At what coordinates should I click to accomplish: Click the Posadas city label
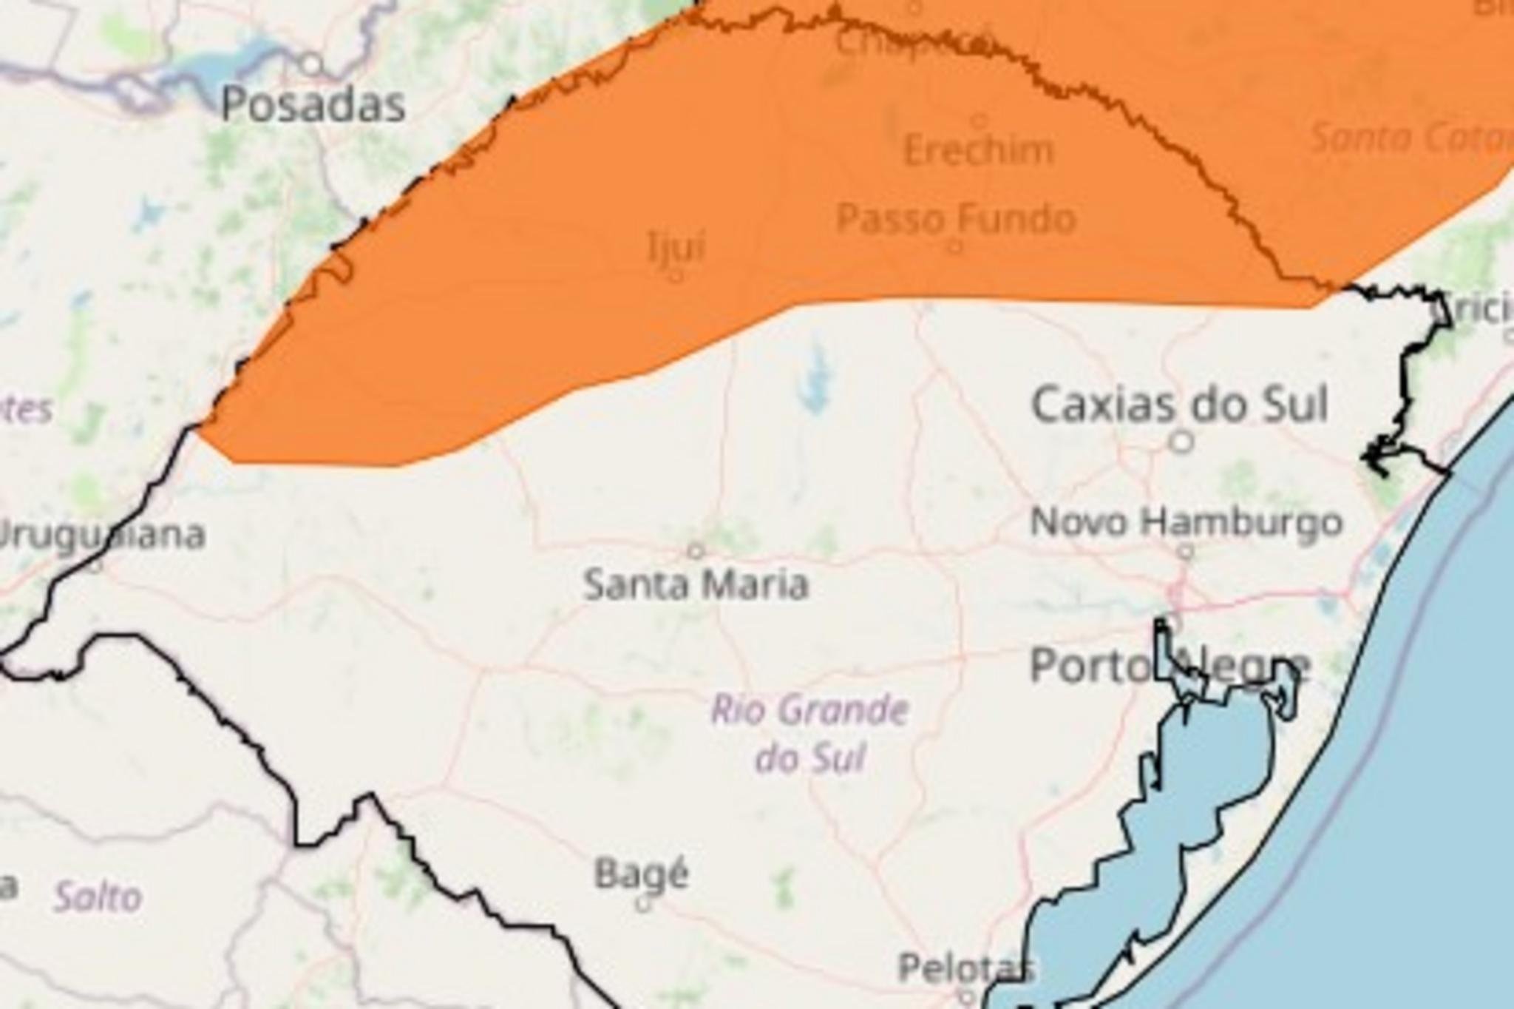(x=313, y=104)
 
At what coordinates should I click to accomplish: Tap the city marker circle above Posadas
(x=313, y=65)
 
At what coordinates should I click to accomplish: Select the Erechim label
(x=979, y=151)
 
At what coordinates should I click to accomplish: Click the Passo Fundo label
(x=956, y=219)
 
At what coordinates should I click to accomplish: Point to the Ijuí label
(x=676, y=247)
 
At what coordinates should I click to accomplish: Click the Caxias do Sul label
(x=1180, y=405)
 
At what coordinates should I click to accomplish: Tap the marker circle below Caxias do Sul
(x=1182, y=442)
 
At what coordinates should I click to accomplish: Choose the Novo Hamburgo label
(x=1186, y=522)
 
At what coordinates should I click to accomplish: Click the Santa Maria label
(x=696, y=584)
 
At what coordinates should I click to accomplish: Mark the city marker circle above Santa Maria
(x=695, y=550)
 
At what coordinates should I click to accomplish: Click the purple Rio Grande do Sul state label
(x=809, y=733)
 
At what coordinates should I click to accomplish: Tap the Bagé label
(x=642, y=874)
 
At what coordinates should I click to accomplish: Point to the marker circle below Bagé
(x=643, y=904)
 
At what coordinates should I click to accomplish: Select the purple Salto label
(x=98, y=897)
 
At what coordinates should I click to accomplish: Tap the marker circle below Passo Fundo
(x=955, y=246)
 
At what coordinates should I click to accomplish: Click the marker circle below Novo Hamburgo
(x=1186, y=551)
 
